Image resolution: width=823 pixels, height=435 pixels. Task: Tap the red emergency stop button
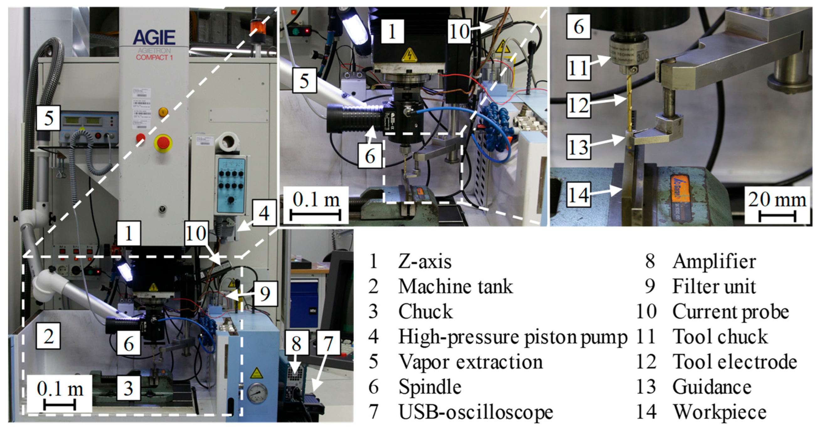tap(163, 143)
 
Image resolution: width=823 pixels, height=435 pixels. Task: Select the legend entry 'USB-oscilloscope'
tap(476, 412)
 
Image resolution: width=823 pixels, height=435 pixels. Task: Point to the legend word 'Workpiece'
tap(720, 412)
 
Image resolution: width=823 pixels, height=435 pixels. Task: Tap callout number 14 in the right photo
tap(578, 195)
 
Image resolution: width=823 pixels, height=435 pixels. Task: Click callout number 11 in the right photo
tap(578, 68)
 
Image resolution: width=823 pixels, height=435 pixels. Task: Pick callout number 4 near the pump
tap(264, 213)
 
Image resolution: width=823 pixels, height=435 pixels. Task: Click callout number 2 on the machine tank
tap(48, 336)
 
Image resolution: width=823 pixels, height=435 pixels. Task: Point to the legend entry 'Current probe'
tap(730, 312)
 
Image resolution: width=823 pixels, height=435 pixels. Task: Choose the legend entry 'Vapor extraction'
tap(470, 362)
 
